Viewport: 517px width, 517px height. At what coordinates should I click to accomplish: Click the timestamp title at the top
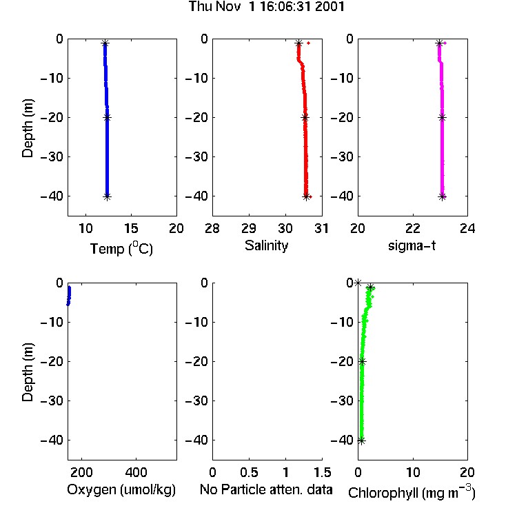[266, 6]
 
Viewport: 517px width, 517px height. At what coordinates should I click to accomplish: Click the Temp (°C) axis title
[121, 249]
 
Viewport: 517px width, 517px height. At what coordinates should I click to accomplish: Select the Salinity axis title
[266, 245]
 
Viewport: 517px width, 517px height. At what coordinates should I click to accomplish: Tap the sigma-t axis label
[412, 245]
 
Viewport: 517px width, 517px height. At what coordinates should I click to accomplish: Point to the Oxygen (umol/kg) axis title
[121, 489]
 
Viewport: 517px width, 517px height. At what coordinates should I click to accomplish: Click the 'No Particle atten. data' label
[266, 489]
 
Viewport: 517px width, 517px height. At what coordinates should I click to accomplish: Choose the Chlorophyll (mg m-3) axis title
[412, 492]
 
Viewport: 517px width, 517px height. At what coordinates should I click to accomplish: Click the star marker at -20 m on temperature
[107, 117]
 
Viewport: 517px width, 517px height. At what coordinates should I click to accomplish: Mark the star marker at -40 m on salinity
[306, 197]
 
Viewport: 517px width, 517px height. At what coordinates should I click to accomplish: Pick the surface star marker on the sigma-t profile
[439, 43]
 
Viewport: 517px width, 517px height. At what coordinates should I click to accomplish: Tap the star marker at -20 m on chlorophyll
[363, 362]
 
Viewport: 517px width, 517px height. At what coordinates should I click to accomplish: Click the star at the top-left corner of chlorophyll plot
[358, 283]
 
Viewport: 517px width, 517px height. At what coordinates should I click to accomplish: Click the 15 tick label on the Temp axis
[131, 228]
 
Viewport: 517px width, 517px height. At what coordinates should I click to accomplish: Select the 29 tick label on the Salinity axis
[249, 228]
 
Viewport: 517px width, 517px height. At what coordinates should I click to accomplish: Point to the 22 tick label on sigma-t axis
[413, 228]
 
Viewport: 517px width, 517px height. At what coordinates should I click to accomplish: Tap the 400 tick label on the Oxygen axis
[136, 472]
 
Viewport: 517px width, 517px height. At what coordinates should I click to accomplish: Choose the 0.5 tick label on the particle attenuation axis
[249, 472]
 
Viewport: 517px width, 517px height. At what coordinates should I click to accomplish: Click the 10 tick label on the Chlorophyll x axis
[413, 472]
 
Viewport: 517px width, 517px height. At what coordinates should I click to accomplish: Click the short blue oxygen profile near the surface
[69, 296]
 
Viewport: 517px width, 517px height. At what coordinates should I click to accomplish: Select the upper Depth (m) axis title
[28, 128]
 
